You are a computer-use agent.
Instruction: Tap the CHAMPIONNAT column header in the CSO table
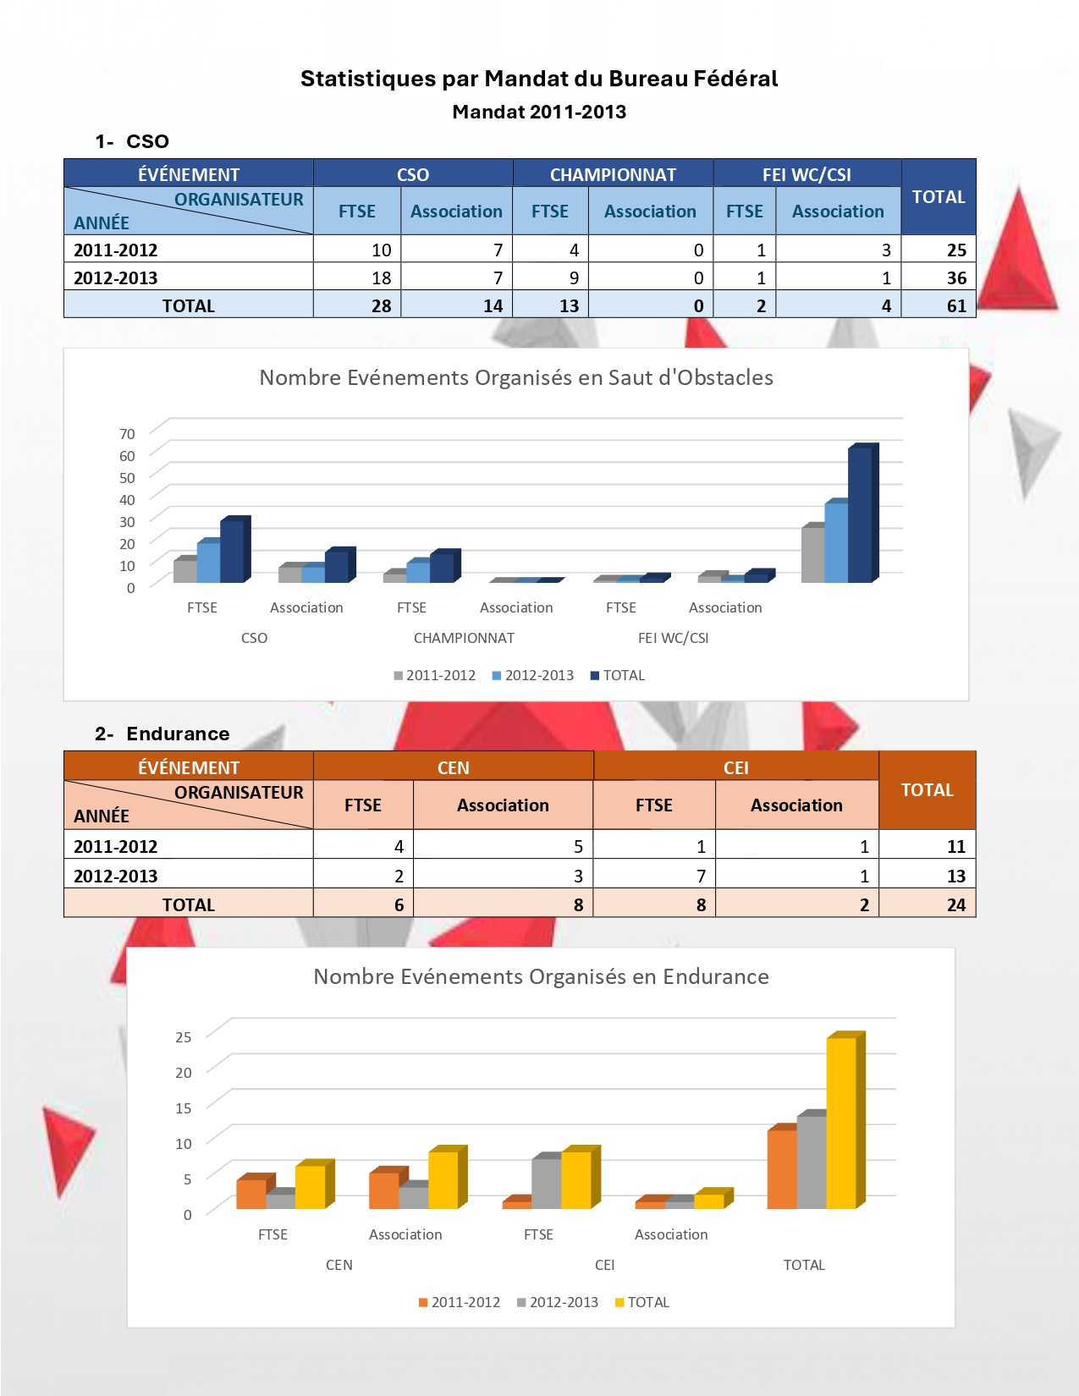pyautogui.click(x=613, y=174)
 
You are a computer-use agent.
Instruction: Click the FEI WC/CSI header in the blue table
pyautogui.click(x=806, y=174)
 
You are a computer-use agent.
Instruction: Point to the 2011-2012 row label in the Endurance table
pyautogui.click(x=116, y=846)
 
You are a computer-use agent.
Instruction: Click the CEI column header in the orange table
pyautogui.click(x=735, y=767)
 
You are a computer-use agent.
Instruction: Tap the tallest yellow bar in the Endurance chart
pyautogui.click(x=841, y=1122)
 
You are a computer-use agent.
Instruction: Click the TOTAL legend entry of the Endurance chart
pyautogui.click(x=642, y=1302)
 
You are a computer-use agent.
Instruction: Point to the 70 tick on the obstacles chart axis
pyautogui.click(x=127, y=434)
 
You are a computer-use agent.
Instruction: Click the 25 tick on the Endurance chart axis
pyautogui.click(x=183, y=1037)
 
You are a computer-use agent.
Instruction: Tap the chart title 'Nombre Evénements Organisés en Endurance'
pyautogui.click(x=541, y=976)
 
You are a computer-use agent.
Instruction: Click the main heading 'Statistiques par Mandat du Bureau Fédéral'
pyautogui.click(x=539, y=79)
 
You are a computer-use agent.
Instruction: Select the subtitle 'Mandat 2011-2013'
pyautogui.click(x=539, y=112)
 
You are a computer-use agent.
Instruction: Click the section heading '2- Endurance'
pyautogui.click(x=162, y=734)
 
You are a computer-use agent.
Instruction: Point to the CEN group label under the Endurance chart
pyautogui.click(x=339, y=1265)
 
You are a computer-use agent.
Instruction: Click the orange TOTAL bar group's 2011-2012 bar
pyautogui.click(x=781, y=1169)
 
